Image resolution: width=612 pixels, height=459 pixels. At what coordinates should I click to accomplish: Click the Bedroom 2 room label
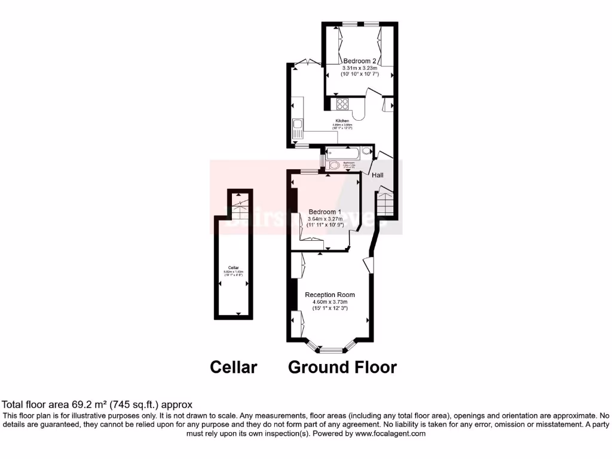coord(360,61)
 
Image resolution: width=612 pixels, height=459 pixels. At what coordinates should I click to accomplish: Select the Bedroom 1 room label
coord(325,212)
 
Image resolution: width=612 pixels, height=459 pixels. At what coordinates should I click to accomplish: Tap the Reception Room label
coord(330,295)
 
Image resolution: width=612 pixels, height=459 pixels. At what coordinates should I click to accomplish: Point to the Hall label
coord(378,175)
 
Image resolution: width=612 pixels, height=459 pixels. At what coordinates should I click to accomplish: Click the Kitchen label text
coord(342,121)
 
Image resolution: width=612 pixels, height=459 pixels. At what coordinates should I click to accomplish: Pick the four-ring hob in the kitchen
coord(342,104)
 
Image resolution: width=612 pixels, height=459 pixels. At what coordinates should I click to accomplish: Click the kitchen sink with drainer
coord(297,130)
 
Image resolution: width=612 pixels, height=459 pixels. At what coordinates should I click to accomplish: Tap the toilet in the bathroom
coord(333,166)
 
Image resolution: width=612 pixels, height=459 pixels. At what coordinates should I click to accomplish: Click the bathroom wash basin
coord(366,151)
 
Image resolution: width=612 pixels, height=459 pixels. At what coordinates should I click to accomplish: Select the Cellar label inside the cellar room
coord(234,267)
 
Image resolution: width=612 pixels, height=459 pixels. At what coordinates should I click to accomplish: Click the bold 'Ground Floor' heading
coord(342,366)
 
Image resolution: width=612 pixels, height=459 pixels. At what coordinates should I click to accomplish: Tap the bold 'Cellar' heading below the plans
coord(233,366)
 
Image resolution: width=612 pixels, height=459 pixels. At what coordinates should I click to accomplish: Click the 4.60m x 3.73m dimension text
coord(330,302)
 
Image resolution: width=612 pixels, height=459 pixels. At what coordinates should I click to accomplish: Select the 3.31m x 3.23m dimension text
coord(360,68)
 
